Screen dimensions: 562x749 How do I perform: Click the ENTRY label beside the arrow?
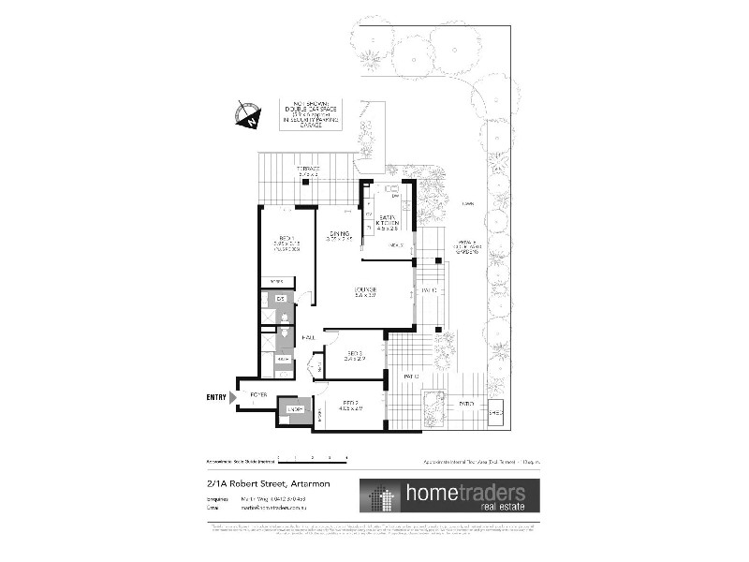click(x=215, y=397)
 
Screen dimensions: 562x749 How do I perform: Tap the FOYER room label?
click(x=258, y=395)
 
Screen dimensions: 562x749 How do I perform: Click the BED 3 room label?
click(x=353, y=353)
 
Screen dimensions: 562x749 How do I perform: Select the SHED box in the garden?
click(x=495, y=411)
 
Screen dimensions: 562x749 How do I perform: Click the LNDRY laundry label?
click(x=294, y=410)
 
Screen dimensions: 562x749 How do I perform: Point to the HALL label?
click(x=306, y=335)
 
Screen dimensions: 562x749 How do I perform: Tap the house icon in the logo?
click(x=381, y=497)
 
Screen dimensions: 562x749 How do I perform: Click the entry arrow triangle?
click(x=233, y=397)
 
